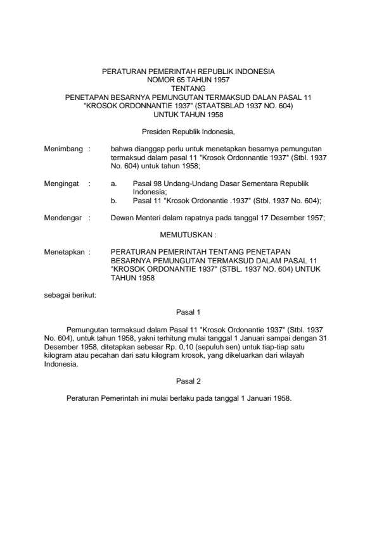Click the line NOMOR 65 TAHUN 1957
188,81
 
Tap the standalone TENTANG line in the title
188,89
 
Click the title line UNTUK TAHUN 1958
188,114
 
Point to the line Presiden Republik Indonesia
188,133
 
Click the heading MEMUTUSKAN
188,234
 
